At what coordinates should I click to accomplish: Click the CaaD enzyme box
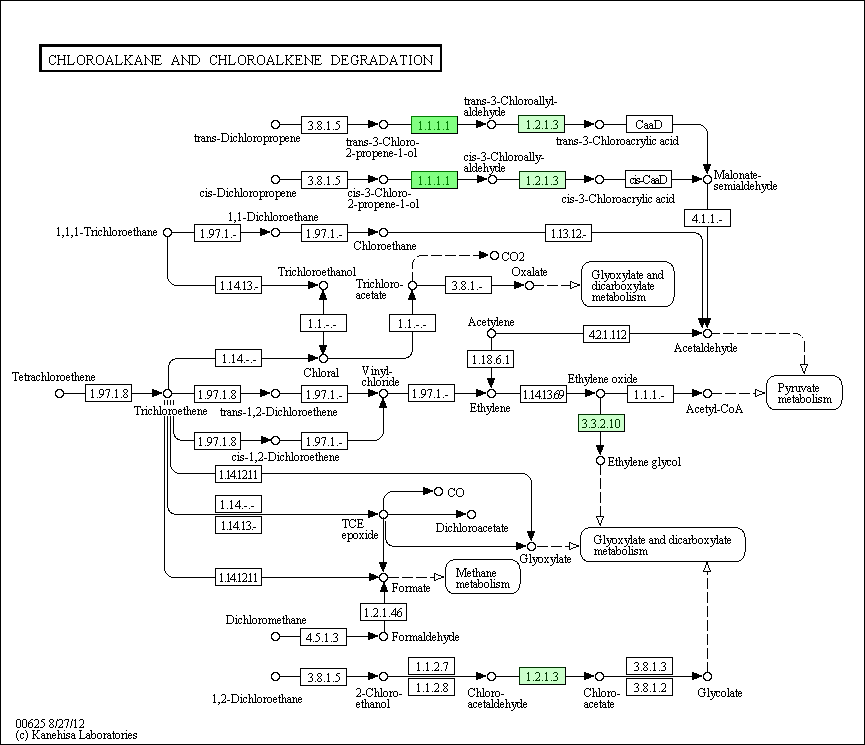[x=649, y=125]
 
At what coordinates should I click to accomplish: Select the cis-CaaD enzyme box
[x=648, y=179]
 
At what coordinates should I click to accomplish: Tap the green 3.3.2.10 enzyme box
[x=601, y=423]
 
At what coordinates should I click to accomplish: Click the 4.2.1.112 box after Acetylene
[x=607, y=334]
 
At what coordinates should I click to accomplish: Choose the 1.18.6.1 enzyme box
[x=490, y=359]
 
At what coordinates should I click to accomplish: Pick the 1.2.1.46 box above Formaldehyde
[x=383, y=612]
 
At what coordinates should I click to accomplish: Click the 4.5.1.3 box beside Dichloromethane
[x=323, y=637]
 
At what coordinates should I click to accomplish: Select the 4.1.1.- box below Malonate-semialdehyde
[x=707, y=218]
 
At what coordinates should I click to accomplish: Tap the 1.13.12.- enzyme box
[x=568, y=233]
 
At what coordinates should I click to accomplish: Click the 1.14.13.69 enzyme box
[x=543, y=394]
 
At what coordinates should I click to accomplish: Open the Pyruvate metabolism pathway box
[x=804, y=393]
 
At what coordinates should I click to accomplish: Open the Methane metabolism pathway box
[x=483, y=577]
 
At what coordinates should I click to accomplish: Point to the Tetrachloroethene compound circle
[x=60, y=393]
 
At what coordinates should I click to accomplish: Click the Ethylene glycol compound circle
[x=600, y=461]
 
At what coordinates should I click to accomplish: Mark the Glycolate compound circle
[x=707, y=677]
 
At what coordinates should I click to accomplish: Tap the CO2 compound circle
[x=494, y=256]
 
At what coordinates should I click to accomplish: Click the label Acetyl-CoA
[x=714, y=409]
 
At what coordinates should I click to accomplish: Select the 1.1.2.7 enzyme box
[x=432, y=666]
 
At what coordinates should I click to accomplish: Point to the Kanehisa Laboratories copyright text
[x=76, y=735]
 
